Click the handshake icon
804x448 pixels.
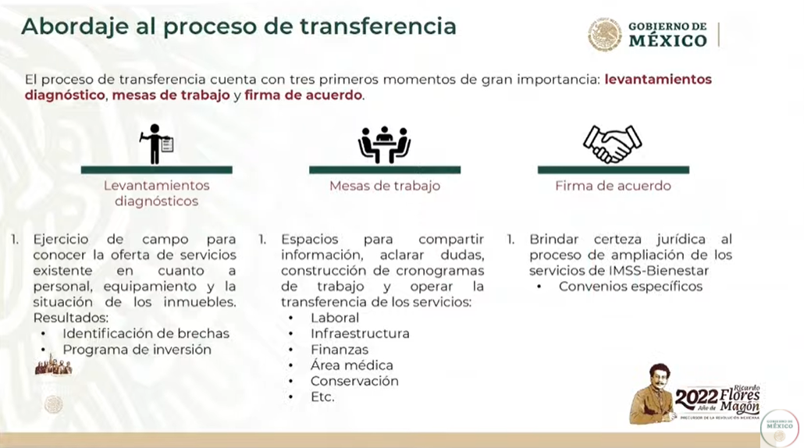click(x=612, y=144)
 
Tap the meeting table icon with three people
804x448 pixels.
click(x=384, y=145)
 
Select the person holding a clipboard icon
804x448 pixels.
click(x=156, y=144)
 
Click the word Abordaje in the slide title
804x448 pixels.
click(x=75, y=27)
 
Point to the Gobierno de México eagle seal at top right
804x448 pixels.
click(x=604, y=34)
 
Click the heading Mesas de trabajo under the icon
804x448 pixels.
click(x=385, y=186)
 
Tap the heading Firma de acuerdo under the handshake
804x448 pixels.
click(x=613, y=186)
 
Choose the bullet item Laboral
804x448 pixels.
click(x=334, y=318)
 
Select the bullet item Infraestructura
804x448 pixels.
click(x=360, y=334)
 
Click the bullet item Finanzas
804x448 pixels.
click(x=340, y=350)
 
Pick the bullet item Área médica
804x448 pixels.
click(x=352, y=365)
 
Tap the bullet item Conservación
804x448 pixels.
click(x=354, y=382)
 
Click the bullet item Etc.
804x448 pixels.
click(x=322, y=397)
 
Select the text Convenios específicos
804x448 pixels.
click(x=631, y=286)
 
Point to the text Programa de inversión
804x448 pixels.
click(x=137, y=350)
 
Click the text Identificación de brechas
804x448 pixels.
click(x=146, y=334)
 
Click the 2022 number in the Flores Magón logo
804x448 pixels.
click(x=696, y=397)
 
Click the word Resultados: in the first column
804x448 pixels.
click(x=71, y=318)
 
